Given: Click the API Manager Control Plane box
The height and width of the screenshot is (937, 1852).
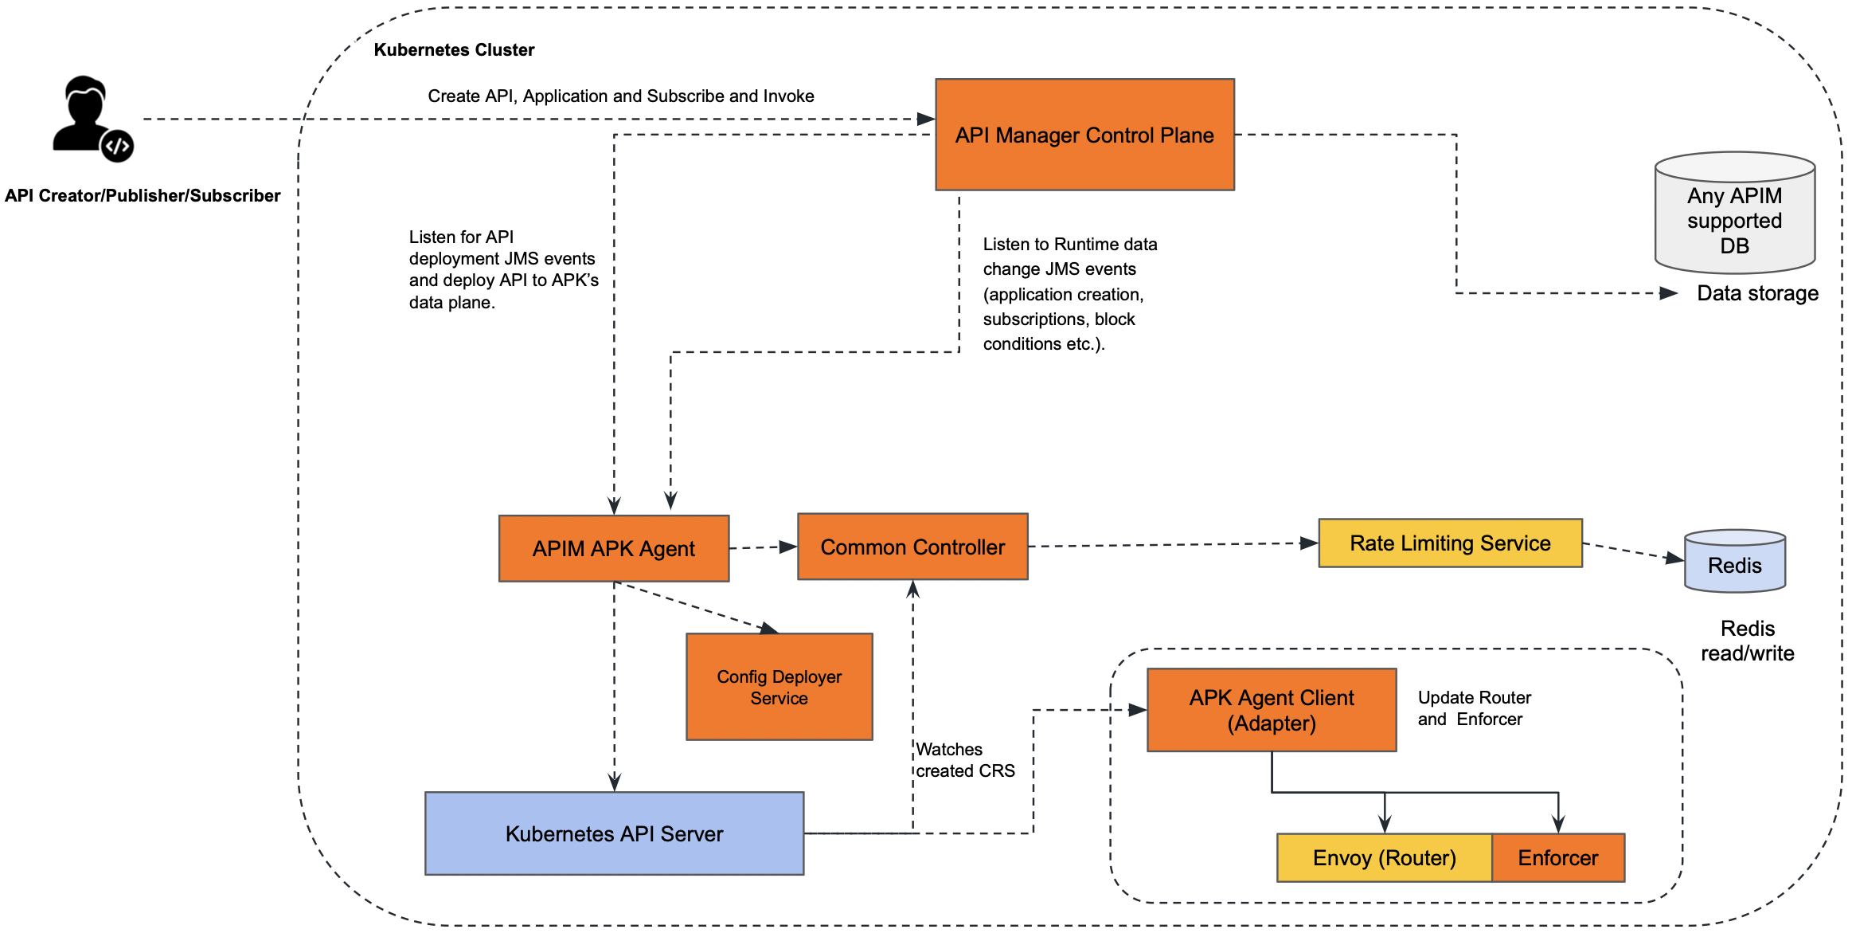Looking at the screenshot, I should [1084, 135].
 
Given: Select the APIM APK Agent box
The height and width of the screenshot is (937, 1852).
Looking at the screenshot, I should [614, 548].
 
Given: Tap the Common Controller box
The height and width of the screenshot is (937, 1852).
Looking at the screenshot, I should [912, 547].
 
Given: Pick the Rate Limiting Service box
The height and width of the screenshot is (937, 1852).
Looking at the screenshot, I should [1450, 543].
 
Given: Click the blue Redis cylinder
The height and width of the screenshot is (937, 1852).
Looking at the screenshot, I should [1735, 563].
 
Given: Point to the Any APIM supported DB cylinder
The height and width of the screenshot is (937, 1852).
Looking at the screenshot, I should [1735, 215].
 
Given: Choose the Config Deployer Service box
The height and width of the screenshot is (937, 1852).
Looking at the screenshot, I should [779, 687].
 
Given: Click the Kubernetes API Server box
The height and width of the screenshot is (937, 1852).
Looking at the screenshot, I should [614, 833].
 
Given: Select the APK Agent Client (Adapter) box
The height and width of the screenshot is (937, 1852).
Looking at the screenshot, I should [1272, 710].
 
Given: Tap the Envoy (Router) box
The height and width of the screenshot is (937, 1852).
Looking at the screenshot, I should [1384, 858].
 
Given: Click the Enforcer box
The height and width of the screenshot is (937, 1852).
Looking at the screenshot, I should [1558, 858].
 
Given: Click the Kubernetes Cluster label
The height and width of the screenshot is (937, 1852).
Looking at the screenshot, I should [454, 49].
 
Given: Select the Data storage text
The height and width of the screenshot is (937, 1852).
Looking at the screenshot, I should [1757, 293].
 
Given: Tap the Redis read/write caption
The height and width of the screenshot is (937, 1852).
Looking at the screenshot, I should [1748, 641].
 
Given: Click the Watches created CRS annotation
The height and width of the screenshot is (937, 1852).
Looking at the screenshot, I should [964, 760].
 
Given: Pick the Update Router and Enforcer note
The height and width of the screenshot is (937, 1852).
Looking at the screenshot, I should [1474, 708].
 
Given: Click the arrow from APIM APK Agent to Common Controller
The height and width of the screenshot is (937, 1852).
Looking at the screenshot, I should [763, 547].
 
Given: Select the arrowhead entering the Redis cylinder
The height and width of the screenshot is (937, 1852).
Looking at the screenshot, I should [1674, 559].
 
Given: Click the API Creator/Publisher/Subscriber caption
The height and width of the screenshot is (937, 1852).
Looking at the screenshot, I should [143, 195].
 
